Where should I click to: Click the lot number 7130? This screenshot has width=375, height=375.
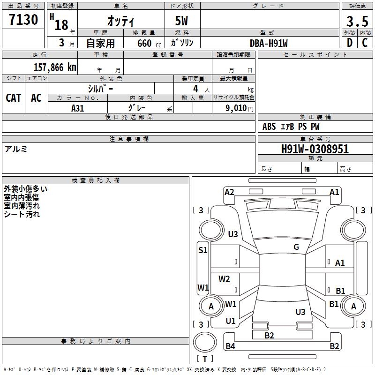click(23, 20)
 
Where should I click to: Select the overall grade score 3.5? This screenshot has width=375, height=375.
click(356, 21)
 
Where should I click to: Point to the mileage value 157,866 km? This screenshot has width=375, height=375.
click(55, 67)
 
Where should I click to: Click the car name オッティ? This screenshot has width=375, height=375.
click(121, 21)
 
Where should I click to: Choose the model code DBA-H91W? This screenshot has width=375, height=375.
click(269, 43)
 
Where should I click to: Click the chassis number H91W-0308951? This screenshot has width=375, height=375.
click(315, 149)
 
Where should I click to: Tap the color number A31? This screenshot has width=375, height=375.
click(78, 107)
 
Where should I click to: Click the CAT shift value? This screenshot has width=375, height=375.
click(14, 97)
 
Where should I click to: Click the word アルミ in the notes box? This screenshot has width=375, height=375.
click(16, 149)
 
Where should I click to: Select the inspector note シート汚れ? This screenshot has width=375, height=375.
click(22, 214)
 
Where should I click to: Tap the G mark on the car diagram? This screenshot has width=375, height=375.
click(296, 247)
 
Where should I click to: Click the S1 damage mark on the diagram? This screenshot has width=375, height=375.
click(202, 250)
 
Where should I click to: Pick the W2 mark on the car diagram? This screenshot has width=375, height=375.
click(225, 279)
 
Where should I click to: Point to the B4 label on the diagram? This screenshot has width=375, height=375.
click(230, 346)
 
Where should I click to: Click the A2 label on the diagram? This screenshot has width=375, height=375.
click(229, 192)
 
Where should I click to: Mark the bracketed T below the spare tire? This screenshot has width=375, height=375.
click(204, 359)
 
